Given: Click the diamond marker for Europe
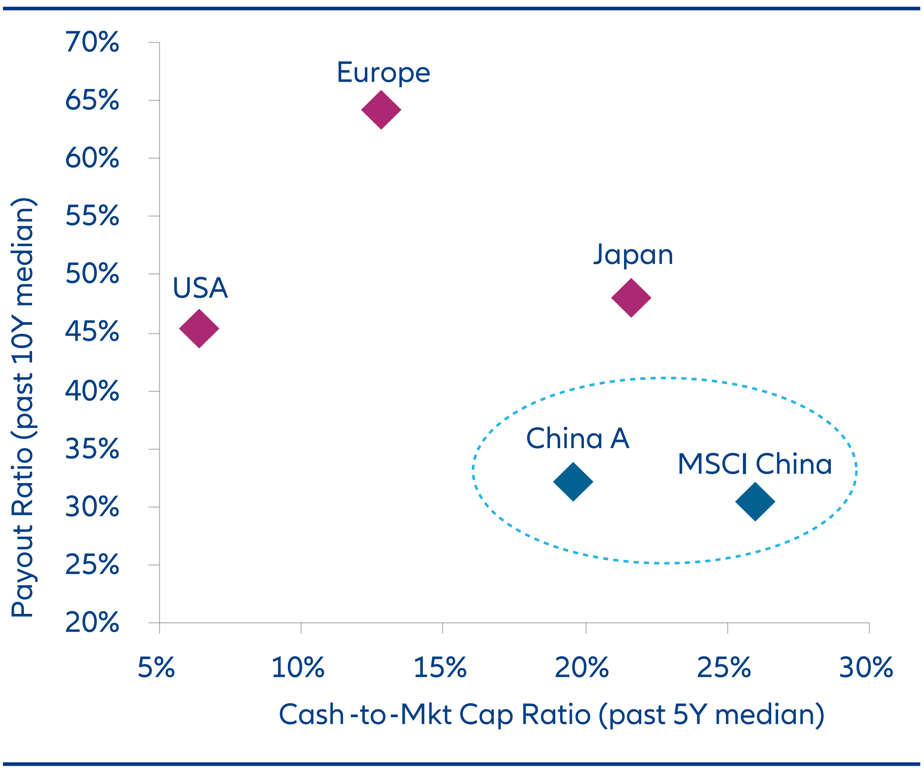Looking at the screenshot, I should click(x=381, y=110).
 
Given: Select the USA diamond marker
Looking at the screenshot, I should click(x=199, y=329).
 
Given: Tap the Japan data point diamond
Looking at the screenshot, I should click(x=631, y=298).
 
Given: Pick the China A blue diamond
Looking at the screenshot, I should click(x=573, y=481).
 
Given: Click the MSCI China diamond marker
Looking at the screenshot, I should click(x=755, y=501).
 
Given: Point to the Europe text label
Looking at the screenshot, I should click(x=383, y=72).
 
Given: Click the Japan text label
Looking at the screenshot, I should click(x=633, y=255).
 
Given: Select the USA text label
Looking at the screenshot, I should click(x=200, y=289).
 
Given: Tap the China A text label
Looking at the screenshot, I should click(x=578, y=438).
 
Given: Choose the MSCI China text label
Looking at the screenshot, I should click(x=755, y=464).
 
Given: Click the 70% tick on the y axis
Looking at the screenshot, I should click(x=92, y=43).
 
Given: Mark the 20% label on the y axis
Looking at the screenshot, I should click(x=92, y=623).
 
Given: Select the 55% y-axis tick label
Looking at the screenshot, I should click(x=92, y=216).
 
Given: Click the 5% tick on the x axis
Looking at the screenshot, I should click(x=156, y=668).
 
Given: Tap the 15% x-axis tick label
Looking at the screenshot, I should click(x=440, y=668).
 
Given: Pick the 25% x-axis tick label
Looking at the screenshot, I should click(x=724, y=668).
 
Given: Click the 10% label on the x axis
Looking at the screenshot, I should click(x=298, y=668).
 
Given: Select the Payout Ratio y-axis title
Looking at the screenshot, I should click(x=23, y=407).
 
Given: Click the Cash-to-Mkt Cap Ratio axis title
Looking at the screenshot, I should click(x=552, y=715).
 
